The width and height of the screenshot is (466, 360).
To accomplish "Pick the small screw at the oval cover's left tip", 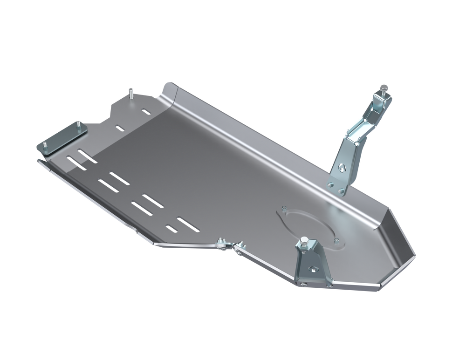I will pyautogui.click(x=283, y=210).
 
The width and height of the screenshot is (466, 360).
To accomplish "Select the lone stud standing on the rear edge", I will pyautogui.click(x=132, y=94).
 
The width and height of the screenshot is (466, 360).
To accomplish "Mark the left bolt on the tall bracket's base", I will pyautogui.click(x=330, y=185).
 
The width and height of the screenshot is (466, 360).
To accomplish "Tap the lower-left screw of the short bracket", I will pyautogui.click(x=304, y=285).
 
